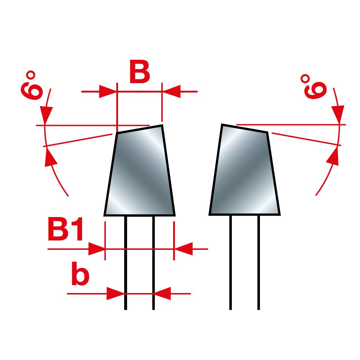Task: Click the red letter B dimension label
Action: tap(140, 71)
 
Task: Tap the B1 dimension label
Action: tap(65, 229)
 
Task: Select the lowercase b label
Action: tap(80, 274)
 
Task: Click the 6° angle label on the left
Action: tap(31, 85)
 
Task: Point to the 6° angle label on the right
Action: tap(314, 87)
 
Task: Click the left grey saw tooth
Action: tap(140, 171)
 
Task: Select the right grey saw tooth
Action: tap(244, 170)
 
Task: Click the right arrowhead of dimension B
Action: tap(171, 91)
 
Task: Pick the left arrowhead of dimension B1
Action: tap(96, 249)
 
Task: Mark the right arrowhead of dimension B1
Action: tap(183, 249)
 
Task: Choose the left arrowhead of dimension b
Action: tap(116, 293)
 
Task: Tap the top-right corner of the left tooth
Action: tap(162, 125)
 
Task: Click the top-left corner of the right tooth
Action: tap(222, 125)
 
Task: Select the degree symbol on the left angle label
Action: tap(30, 75)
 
